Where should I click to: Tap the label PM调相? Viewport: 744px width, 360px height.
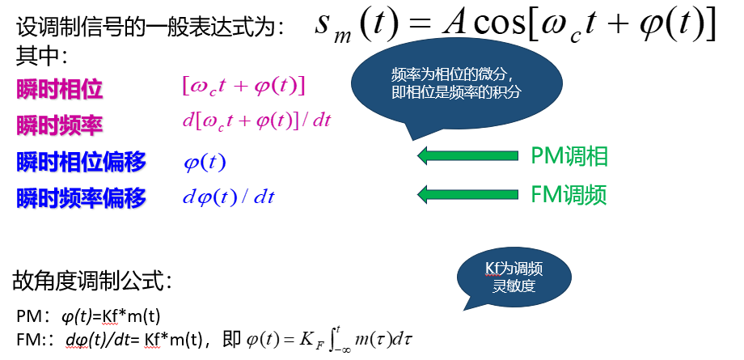(x=570, y=156)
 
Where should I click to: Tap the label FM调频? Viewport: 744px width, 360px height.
(x=569, y=194)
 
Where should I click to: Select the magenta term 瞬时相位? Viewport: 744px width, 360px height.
(x=59, y=88)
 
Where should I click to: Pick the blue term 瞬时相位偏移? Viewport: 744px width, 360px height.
(x=81, y=161)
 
